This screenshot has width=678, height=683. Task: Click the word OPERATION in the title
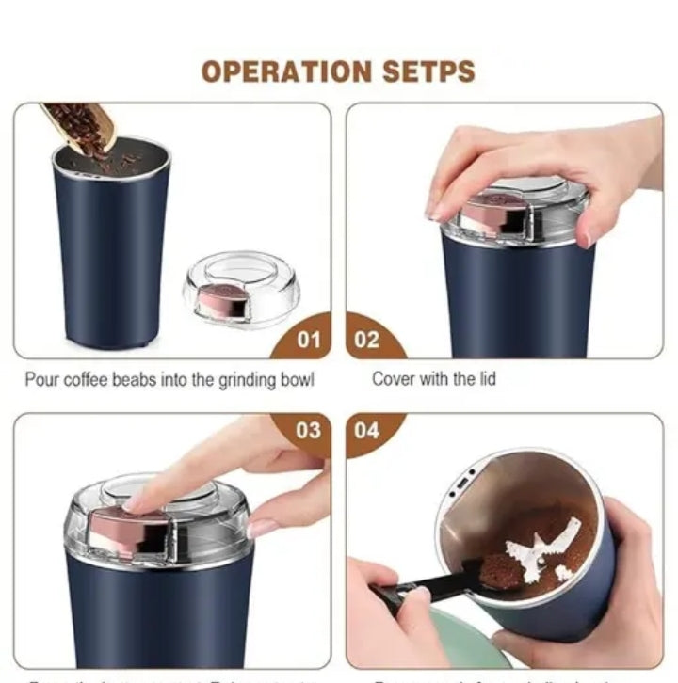287,71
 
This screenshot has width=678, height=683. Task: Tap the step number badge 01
309,340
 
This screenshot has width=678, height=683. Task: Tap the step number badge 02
367,340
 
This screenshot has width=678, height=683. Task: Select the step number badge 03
309,431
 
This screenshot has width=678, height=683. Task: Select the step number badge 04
367,431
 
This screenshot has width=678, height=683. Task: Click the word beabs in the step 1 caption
151,380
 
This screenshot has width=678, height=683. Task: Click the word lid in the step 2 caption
485,379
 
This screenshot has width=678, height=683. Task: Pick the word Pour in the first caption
41,380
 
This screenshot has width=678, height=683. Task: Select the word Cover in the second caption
393,379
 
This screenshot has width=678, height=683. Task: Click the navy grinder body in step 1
110,254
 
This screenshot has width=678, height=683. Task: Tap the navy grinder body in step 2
518,292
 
